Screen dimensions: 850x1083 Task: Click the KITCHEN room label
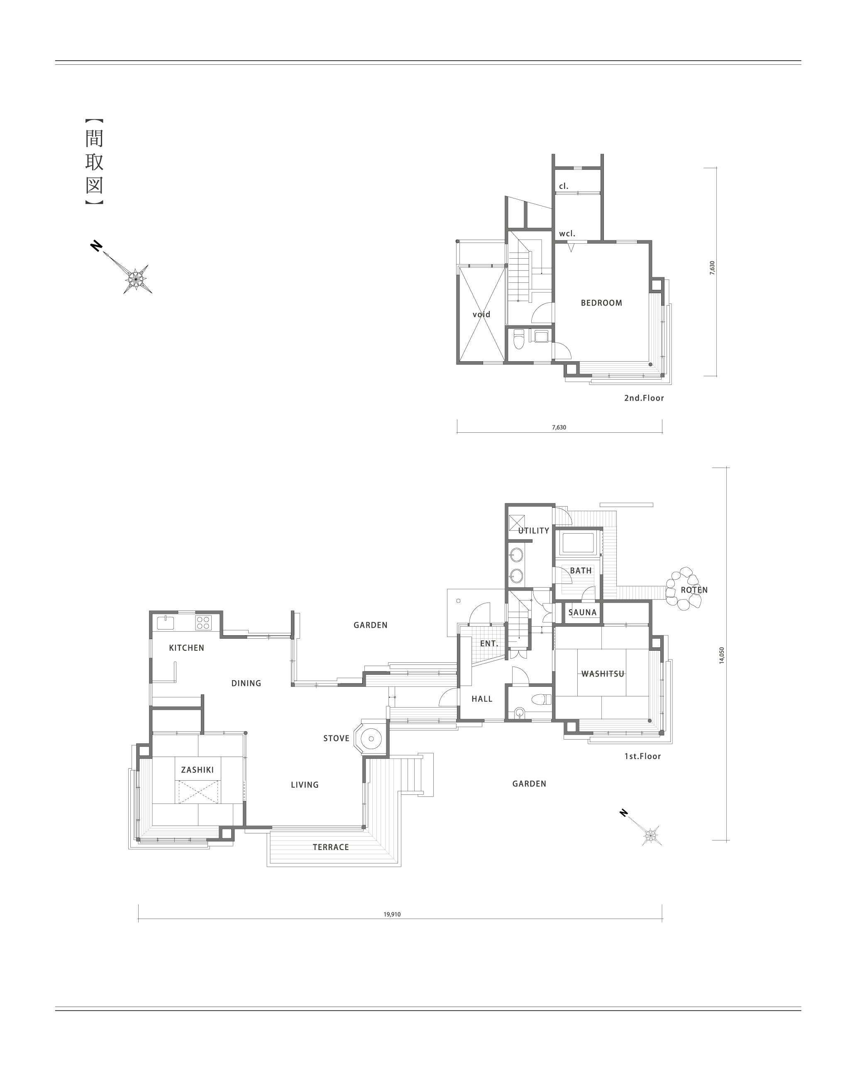[187, 648]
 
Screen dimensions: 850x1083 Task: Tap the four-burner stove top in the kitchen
[203, 622]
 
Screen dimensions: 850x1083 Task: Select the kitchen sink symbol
[165, 622]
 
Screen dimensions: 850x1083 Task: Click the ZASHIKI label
[198, 770]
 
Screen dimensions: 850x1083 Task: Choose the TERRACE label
[331, 847]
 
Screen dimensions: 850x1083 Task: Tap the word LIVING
[305, 785]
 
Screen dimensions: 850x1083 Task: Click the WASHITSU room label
[603, 674]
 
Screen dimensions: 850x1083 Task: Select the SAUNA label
[582, 613]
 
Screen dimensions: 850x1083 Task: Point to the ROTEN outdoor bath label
[694, 590]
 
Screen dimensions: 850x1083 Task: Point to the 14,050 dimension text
[722, 655]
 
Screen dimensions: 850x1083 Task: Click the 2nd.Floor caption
[644, 398]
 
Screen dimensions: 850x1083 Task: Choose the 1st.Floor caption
[642, 756]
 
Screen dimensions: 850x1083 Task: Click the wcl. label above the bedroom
[567, 233]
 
